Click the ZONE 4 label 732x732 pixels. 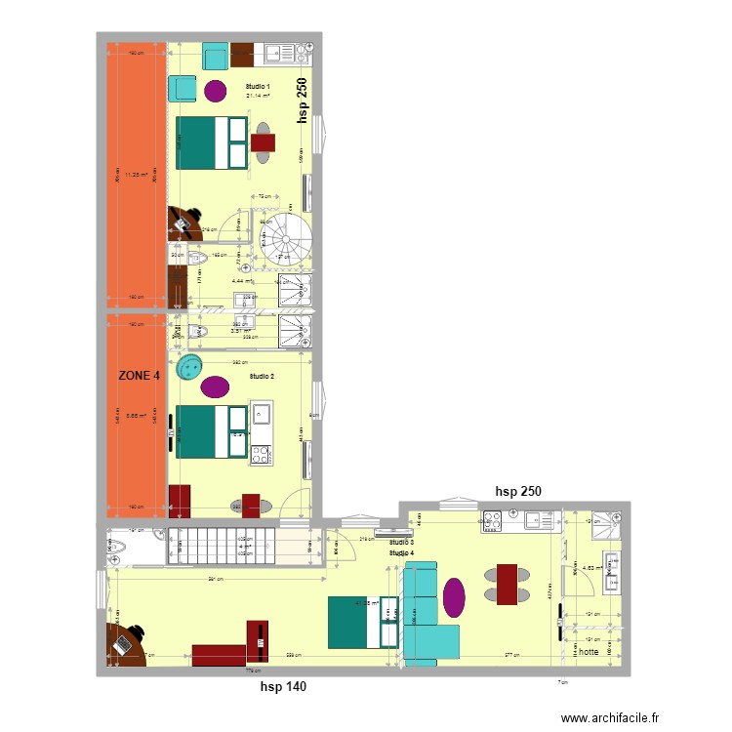coord(139,375)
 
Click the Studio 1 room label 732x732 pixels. coord(259,87)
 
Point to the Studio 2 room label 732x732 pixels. coord(262,376)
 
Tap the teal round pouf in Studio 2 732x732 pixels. coord(187,368)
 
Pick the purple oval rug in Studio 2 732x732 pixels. coord(216,386)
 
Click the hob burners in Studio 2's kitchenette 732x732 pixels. coord(262,454)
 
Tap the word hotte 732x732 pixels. coord(590,651)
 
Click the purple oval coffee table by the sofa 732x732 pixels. coord(455,597)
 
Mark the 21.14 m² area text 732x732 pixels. coord(258,96)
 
